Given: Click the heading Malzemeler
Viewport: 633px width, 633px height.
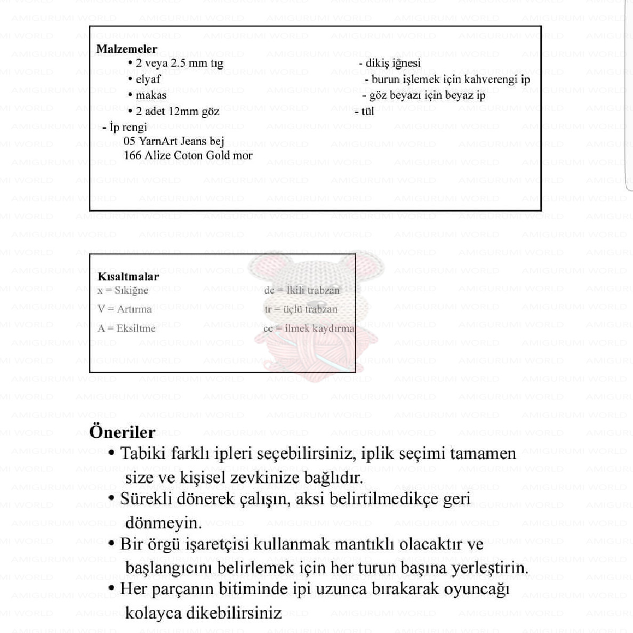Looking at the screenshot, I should point(126,49).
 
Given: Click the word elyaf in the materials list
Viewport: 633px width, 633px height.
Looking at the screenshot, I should point(148,79).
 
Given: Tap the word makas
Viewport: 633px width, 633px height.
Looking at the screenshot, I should point(151,95).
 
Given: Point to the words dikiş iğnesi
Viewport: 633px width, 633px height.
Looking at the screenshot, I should point(393,63).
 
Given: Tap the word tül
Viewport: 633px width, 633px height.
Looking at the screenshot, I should point(367,111).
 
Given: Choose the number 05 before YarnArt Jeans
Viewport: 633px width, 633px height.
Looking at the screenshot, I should point(129,141).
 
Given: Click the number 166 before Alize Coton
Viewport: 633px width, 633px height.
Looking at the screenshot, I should point(132,155).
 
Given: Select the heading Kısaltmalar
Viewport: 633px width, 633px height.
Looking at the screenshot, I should point(128,276).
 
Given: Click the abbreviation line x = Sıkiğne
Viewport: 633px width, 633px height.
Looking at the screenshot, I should point(123,290).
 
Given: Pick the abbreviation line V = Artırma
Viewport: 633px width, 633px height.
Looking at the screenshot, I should point(124,309).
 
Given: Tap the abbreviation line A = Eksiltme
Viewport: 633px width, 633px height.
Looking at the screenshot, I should point(126,328).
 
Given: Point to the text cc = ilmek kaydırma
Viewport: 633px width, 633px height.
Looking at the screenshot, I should point(308,328).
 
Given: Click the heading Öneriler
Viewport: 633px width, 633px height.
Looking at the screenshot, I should point(122,431).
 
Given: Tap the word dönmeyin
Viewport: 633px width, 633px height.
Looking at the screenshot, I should point(163,523).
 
